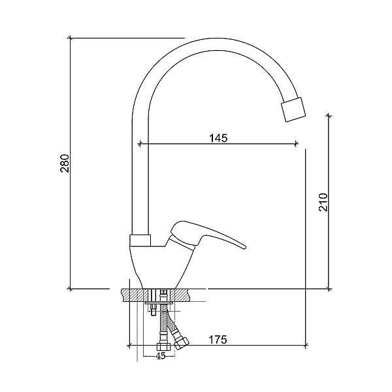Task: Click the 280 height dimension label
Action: click(65, 163)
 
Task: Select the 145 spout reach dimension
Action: click(218, 138)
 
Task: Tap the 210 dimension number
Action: click(323, 203)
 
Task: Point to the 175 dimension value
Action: click(218, 339)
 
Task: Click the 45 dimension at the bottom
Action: click(161, 356)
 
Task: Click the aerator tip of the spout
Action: click(294, 110)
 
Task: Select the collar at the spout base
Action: click(140, 240)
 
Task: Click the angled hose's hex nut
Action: click(182, 343)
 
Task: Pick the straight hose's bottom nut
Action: click(164, 346)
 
